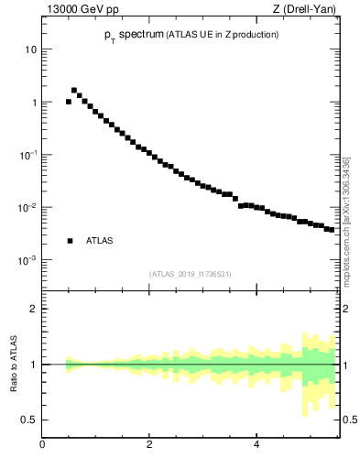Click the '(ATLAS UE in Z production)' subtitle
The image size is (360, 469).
[x=221, y=34]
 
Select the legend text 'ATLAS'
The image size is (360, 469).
[x=99, y=241]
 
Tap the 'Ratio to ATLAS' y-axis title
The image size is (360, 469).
[x=16, y=364]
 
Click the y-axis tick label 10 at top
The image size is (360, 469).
[x=30, y=49]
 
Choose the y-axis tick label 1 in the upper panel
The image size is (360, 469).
[x=33, y=103]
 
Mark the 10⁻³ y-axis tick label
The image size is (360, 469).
[x=28, y=260]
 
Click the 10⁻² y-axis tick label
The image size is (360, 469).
[x=28, y=208]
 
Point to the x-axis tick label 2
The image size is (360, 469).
[x=149, y=445]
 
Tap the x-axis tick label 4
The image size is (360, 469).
[x=256, y=445]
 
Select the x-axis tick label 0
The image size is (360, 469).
[x=42, y=445]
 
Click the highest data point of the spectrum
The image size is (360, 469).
[x=74, y=91]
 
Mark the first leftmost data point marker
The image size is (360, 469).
[x=69, y=102]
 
